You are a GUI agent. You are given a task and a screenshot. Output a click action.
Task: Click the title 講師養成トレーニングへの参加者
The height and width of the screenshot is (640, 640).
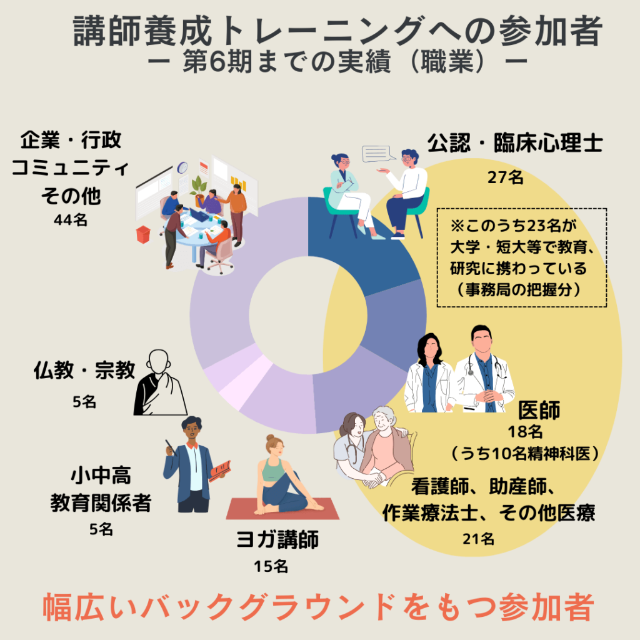point(337,32)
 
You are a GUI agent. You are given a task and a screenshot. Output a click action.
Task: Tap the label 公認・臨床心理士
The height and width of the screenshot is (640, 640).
point(514,144)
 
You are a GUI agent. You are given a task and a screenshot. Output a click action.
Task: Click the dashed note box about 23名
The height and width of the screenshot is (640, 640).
point(521,257)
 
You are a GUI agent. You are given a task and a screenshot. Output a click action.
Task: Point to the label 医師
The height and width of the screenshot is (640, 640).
point(539,411)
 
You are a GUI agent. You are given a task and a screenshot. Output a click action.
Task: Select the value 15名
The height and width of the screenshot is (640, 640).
point(271,566)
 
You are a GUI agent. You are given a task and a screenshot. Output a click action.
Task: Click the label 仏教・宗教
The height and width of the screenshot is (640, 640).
point(84,371)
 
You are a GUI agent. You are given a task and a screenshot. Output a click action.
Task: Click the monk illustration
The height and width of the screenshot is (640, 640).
point(159,383)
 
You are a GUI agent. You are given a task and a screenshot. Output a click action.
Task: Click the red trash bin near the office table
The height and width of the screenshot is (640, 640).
point(143,234)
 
